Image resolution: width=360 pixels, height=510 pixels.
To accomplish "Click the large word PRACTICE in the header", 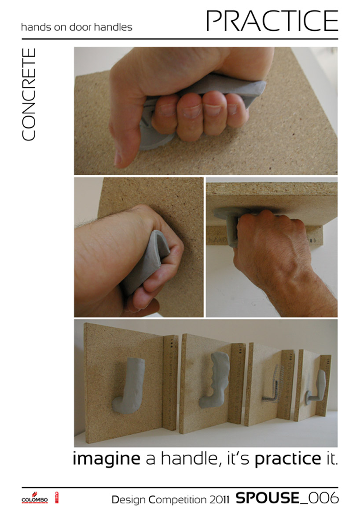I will coord(272,21).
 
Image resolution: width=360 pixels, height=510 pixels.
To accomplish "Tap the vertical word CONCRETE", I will coord(29,95).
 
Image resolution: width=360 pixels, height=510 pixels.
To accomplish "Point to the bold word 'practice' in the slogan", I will coord(288,459).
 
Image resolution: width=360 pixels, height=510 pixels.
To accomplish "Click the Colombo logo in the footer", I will coord(35,499).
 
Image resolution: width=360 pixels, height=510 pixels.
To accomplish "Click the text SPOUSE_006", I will coord(287,498).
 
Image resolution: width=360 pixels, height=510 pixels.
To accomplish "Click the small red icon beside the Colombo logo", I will coord(56,498).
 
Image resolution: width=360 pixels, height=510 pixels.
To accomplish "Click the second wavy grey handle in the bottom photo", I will coord(215,379).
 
